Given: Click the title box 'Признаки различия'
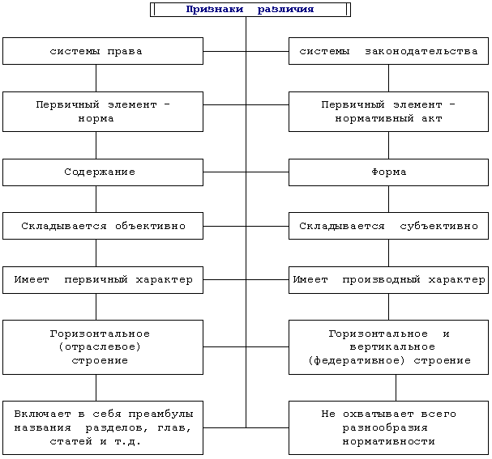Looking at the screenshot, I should [250, 10].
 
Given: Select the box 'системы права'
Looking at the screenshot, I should [102, 51].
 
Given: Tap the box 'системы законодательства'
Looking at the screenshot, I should [388, 51].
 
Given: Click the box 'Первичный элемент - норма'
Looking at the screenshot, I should [102, 112].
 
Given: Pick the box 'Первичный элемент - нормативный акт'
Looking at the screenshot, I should [388, 112].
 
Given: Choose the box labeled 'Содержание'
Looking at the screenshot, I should [102, 172].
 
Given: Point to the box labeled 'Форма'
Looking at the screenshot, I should [388, 172].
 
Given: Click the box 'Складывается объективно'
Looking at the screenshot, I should [102, 226].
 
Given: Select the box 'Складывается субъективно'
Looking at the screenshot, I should [388, 226].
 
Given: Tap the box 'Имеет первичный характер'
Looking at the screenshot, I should [102, 279].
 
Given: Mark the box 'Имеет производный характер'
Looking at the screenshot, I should [388, 279].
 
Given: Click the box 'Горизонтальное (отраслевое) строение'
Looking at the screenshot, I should [102, 347].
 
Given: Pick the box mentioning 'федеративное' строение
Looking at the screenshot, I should [388, 347].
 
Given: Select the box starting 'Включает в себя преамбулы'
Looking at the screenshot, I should [102, 427].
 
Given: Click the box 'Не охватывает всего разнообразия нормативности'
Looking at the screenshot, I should [388, 427].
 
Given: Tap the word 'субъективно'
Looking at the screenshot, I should [439, 226].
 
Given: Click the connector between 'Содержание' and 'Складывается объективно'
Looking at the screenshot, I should [96, 199].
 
